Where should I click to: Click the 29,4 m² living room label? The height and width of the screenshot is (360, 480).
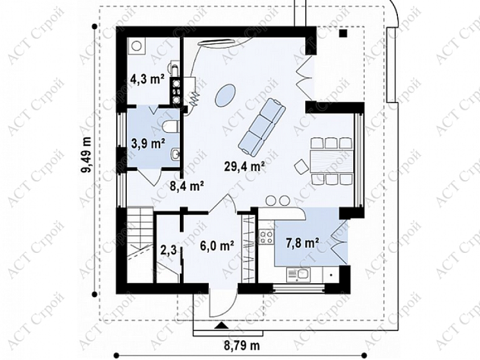pos(244,166)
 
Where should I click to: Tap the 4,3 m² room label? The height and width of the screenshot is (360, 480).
pos(147,79)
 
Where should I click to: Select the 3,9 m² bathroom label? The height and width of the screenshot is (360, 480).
pos(148,143)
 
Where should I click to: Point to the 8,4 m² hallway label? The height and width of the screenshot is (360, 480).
pos(186,186)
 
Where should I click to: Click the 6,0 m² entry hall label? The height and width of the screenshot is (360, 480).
pos(217,245)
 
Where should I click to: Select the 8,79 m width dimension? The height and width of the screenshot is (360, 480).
pos(242,346)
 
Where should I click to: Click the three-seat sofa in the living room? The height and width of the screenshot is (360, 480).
pos(262,125)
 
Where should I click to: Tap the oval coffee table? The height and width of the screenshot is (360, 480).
pos(225,96)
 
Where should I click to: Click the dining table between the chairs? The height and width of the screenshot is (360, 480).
pos(331,161)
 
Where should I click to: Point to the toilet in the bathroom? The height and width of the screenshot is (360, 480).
pos(170,126)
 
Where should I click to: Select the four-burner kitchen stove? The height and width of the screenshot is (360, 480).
pos(267,237)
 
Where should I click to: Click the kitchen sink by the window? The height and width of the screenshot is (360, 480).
pos(299,274)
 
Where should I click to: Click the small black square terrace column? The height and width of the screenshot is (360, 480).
pos(344,33)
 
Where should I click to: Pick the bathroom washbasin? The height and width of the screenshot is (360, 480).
pos(175,154)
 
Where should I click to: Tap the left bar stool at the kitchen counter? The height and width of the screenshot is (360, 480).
pos(271,200)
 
